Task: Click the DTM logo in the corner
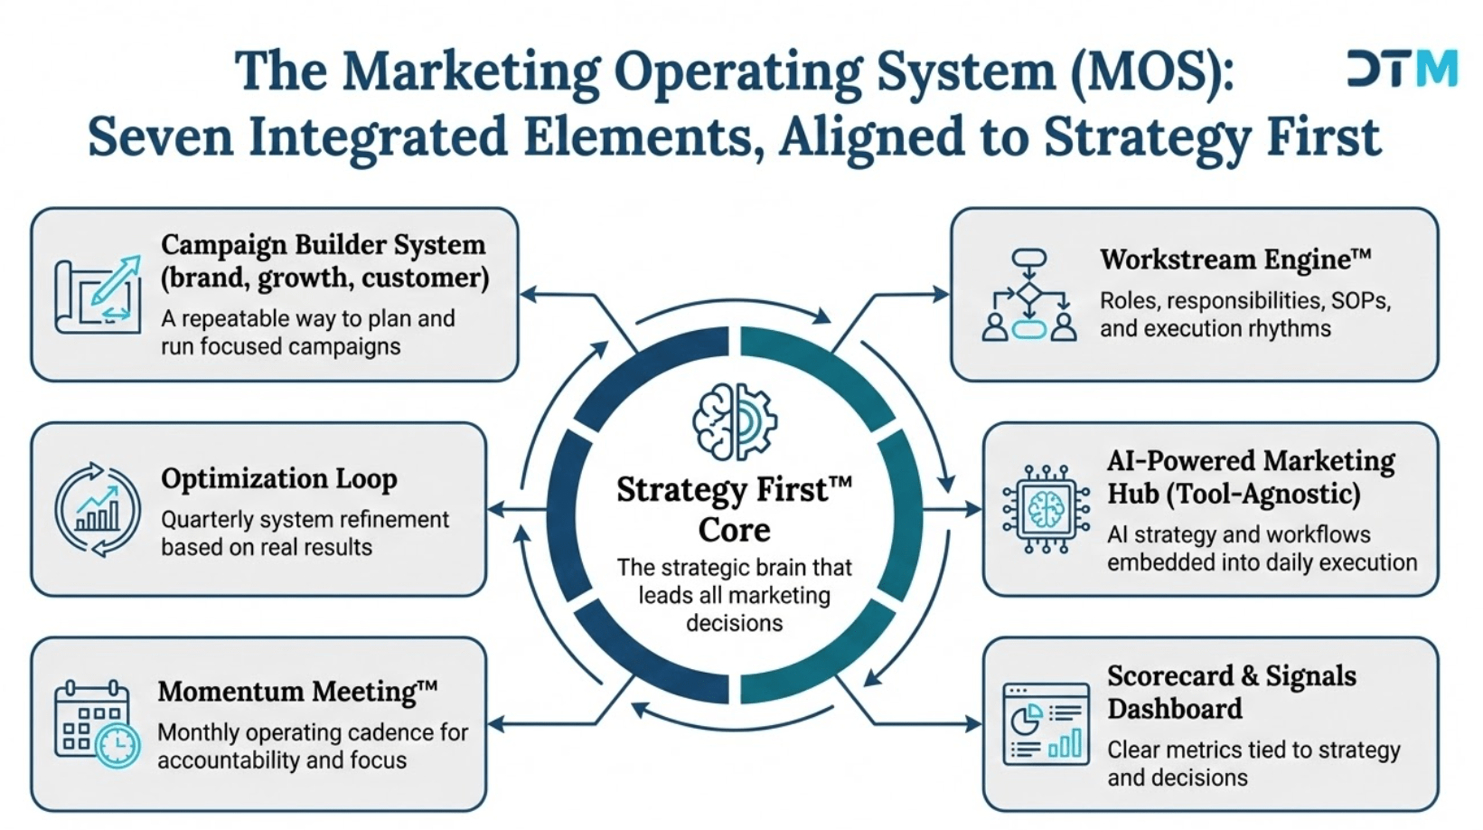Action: click(1402, 69)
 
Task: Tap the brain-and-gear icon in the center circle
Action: click(734, 421)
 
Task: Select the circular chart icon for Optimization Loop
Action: click(98, 509)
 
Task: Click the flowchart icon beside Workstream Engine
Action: click(1029, 296)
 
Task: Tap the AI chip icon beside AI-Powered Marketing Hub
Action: click(1046, 509)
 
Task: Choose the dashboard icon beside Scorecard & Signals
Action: click(1047, 724)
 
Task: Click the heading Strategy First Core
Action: click(734, 509)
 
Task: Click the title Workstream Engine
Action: click(1234, 259)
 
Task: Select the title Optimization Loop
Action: click(278, 478)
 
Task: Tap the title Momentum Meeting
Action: click(296, 692)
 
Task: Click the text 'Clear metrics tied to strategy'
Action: click(1253, 750)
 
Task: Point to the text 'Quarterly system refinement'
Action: click(305, 520)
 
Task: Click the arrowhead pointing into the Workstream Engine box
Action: click(942, 294)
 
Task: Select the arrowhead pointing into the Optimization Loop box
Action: click(495, 510)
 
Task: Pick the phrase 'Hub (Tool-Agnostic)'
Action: click(1234, 494)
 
